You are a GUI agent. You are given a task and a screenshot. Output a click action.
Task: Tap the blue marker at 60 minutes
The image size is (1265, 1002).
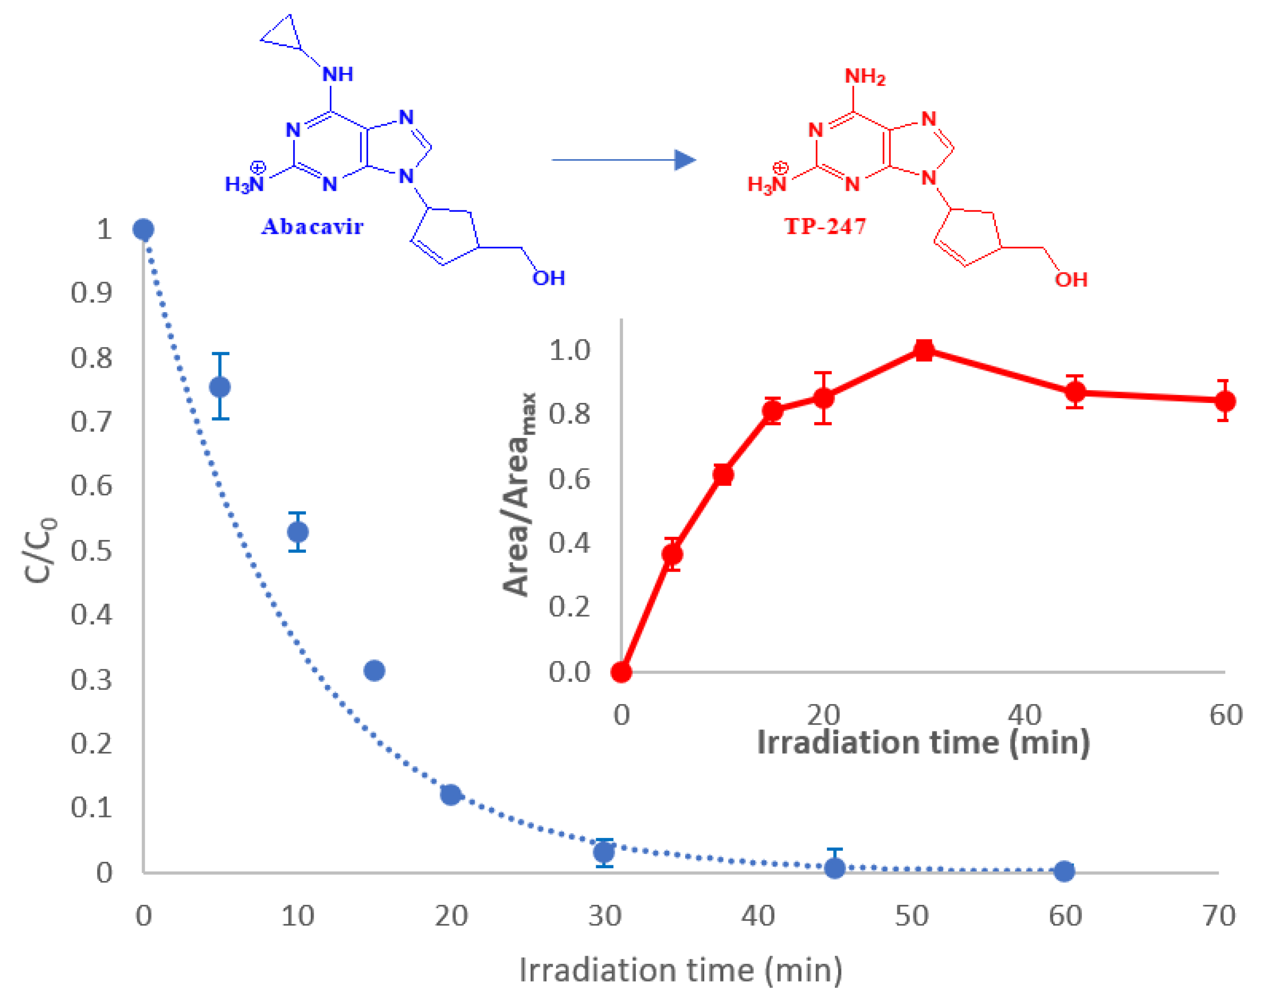tap(1064, 871)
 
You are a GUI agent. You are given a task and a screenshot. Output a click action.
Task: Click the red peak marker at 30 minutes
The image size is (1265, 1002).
tap(924, 350)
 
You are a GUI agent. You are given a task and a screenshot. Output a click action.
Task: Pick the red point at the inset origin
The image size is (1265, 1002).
tap(622, 672)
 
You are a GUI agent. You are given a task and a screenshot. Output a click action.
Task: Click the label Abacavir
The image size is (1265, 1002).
tap(312, 227)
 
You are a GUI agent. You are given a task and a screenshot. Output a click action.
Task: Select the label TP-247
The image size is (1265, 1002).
tap(825, 227)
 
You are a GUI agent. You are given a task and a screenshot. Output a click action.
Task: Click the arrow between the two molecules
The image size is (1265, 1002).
tap(623, 160)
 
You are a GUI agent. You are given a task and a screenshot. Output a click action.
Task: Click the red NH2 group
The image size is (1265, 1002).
tap(864, 76)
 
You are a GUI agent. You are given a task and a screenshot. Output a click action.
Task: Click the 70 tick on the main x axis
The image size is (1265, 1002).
tap(1219, 916)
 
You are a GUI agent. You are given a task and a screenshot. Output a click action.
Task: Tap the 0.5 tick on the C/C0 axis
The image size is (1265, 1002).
tap(91, 550)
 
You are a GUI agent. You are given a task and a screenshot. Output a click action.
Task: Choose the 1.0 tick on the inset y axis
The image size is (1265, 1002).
tap(569, 350)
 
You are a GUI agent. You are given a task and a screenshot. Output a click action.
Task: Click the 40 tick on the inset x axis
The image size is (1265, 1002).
tap(1025, 715)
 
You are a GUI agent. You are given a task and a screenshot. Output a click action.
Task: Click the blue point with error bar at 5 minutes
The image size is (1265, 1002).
tap(220, 387)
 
